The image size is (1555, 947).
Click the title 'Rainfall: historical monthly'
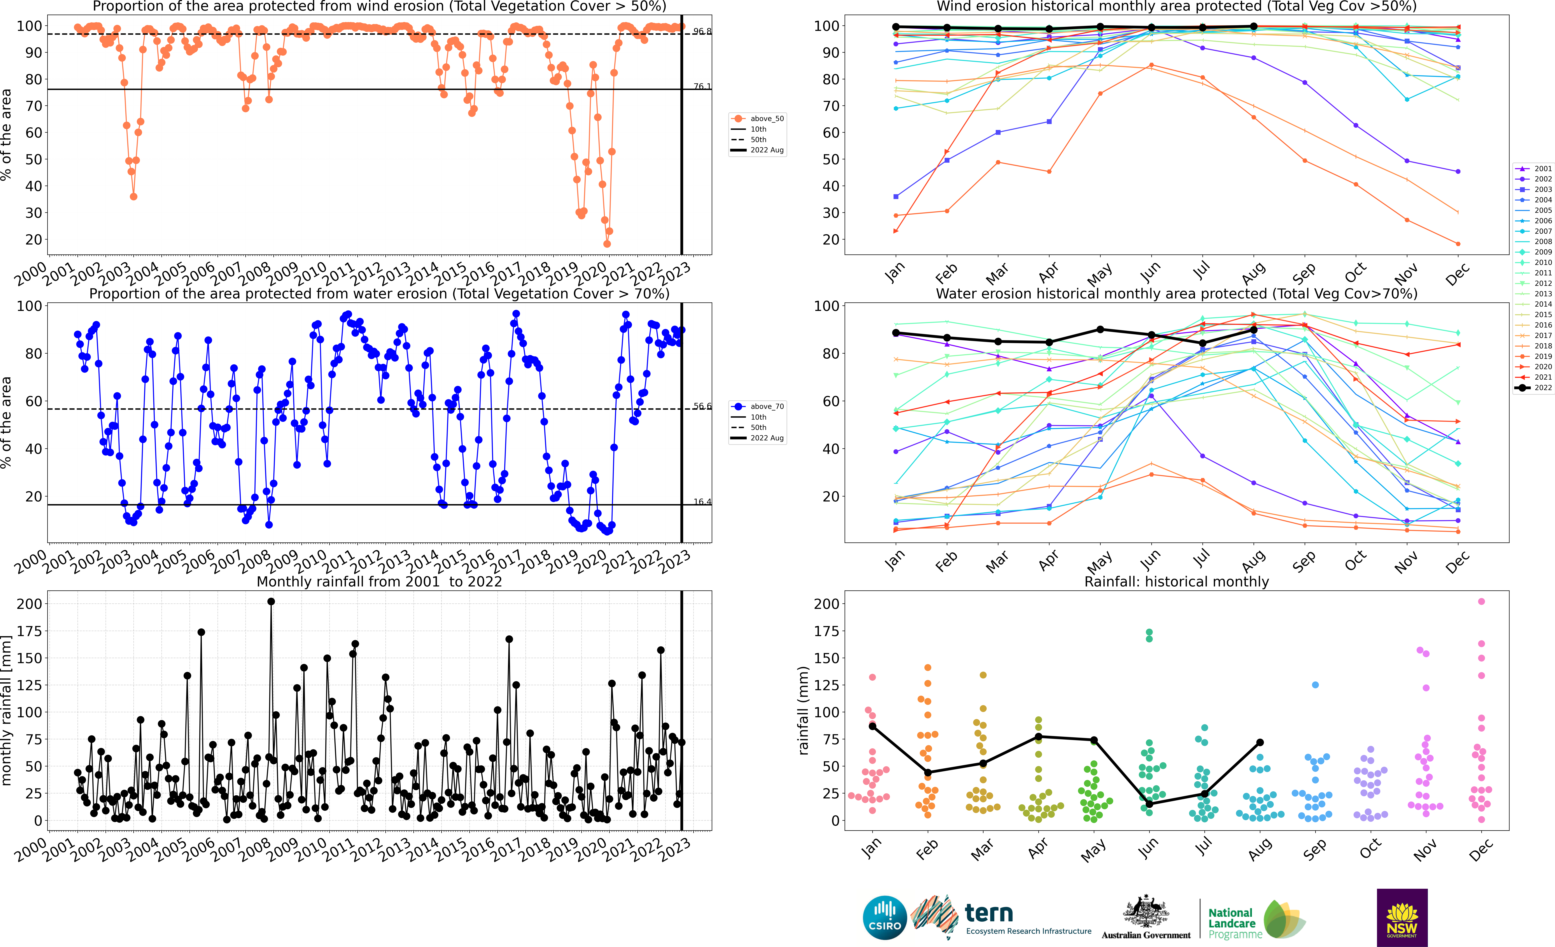[1176, 581]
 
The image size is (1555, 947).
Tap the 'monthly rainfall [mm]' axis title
[7, 711]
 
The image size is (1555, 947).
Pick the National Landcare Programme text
[1234, 923]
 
